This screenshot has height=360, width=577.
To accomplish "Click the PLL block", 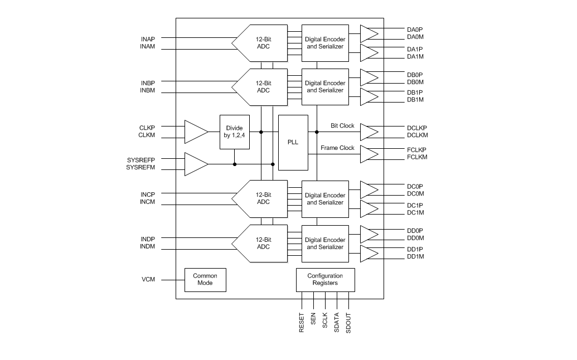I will point(293,142).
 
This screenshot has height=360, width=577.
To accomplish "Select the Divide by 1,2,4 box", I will point(234,132).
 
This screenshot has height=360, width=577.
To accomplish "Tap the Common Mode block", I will point(205,279).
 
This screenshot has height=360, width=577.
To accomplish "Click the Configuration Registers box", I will point(325,279).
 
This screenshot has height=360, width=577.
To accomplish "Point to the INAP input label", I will point(148,39).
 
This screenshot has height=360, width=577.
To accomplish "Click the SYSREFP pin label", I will point(140,160).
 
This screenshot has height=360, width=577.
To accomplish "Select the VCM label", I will point(148,279).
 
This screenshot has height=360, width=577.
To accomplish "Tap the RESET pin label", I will point(302,323).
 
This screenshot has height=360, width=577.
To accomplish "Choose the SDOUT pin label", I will point(348,323).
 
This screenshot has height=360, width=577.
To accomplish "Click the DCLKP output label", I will point(416,128).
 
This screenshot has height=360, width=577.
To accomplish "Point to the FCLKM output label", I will point(416,158).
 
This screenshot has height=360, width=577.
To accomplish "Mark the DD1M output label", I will point(415,257).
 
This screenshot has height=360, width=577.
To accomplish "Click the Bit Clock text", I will point(342,126).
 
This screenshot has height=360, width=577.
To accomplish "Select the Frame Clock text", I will point(337,148).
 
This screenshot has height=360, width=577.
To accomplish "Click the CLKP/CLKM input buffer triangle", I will point(195,132).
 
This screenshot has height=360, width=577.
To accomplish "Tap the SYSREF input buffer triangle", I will point(195,164).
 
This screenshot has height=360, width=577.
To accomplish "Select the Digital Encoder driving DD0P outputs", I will point(325,244).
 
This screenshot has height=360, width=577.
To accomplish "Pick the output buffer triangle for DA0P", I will point(368,33).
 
